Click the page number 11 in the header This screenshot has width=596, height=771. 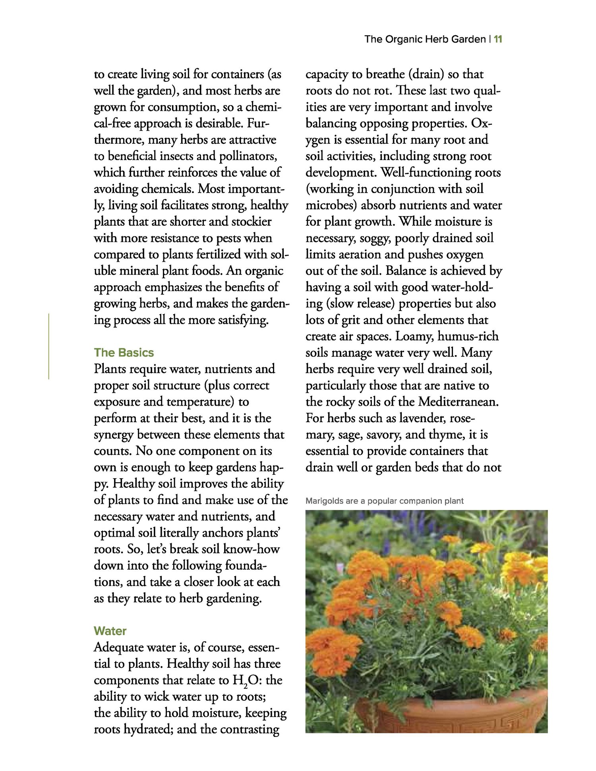(x=498, y=39)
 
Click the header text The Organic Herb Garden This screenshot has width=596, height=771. (x=425, y=39)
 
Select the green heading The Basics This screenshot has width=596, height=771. (x=124, y=352)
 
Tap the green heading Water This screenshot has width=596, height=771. (x=110, y=631)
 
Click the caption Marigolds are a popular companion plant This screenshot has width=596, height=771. (x=384, y=501)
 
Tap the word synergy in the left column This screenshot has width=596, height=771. (x=114, y=435)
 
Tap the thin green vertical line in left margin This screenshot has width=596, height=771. (x=48, y=346)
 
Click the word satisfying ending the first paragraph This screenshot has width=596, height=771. (x=243, y=320)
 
